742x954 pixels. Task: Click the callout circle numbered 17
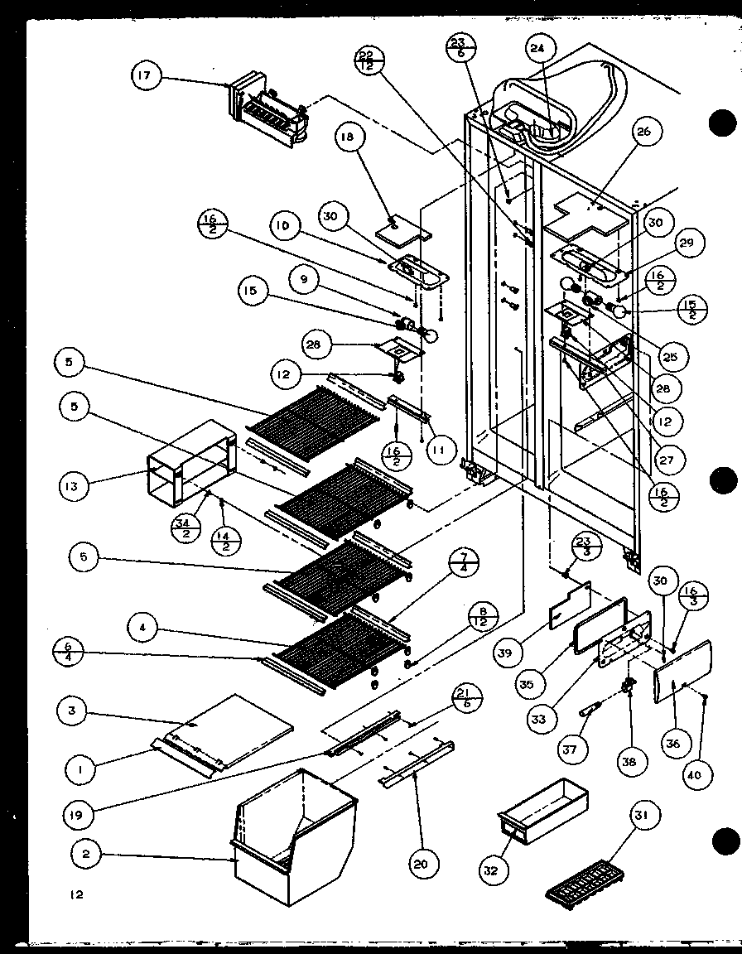[146, 77]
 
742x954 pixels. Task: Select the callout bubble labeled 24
[540, 49]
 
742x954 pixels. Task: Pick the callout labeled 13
[73, 486]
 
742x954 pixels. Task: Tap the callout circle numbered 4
[143, 629]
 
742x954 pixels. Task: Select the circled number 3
[73, 711]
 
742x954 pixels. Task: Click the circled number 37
[571, 750]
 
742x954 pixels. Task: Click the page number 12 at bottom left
[77, 894]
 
